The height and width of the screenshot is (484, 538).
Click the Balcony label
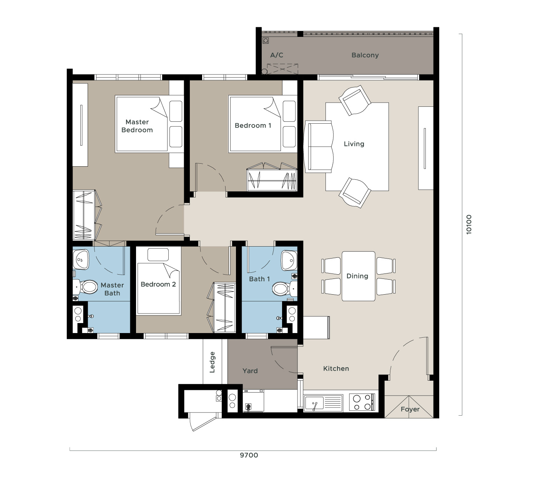365,55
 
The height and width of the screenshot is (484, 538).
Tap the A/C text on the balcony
277,55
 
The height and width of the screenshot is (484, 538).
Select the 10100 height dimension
468,224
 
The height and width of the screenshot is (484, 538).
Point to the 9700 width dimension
249,455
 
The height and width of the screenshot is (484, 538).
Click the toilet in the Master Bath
86,287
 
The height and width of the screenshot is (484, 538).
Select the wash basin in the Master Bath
81,260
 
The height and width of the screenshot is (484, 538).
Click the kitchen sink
324,403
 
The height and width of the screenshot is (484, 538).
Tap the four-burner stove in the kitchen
362,402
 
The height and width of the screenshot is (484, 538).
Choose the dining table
358,276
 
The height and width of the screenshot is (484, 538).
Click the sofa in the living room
319,147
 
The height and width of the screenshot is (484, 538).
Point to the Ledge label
212,362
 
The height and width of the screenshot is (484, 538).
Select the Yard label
250,371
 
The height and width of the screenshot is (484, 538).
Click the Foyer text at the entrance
410,409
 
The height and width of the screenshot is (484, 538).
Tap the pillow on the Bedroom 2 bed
158,254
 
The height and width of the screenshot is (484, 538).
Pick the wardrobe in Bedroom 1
272,177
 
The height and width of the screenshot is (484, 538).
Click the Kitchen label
336,368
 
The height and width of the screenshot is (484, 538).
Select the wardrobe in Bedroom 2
221,307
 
